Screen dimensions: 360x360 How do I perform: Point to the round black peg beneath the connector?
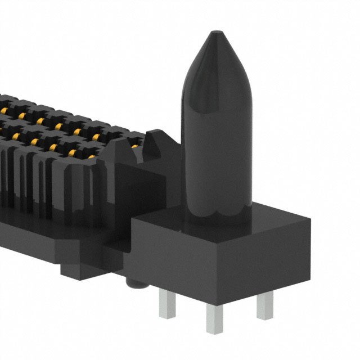click(136, 285)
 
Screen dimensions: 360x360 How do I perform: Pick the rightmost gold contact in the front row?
click(96, 137)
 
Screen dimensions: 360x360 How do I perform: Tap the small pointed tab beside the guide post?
click(153, 144)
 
